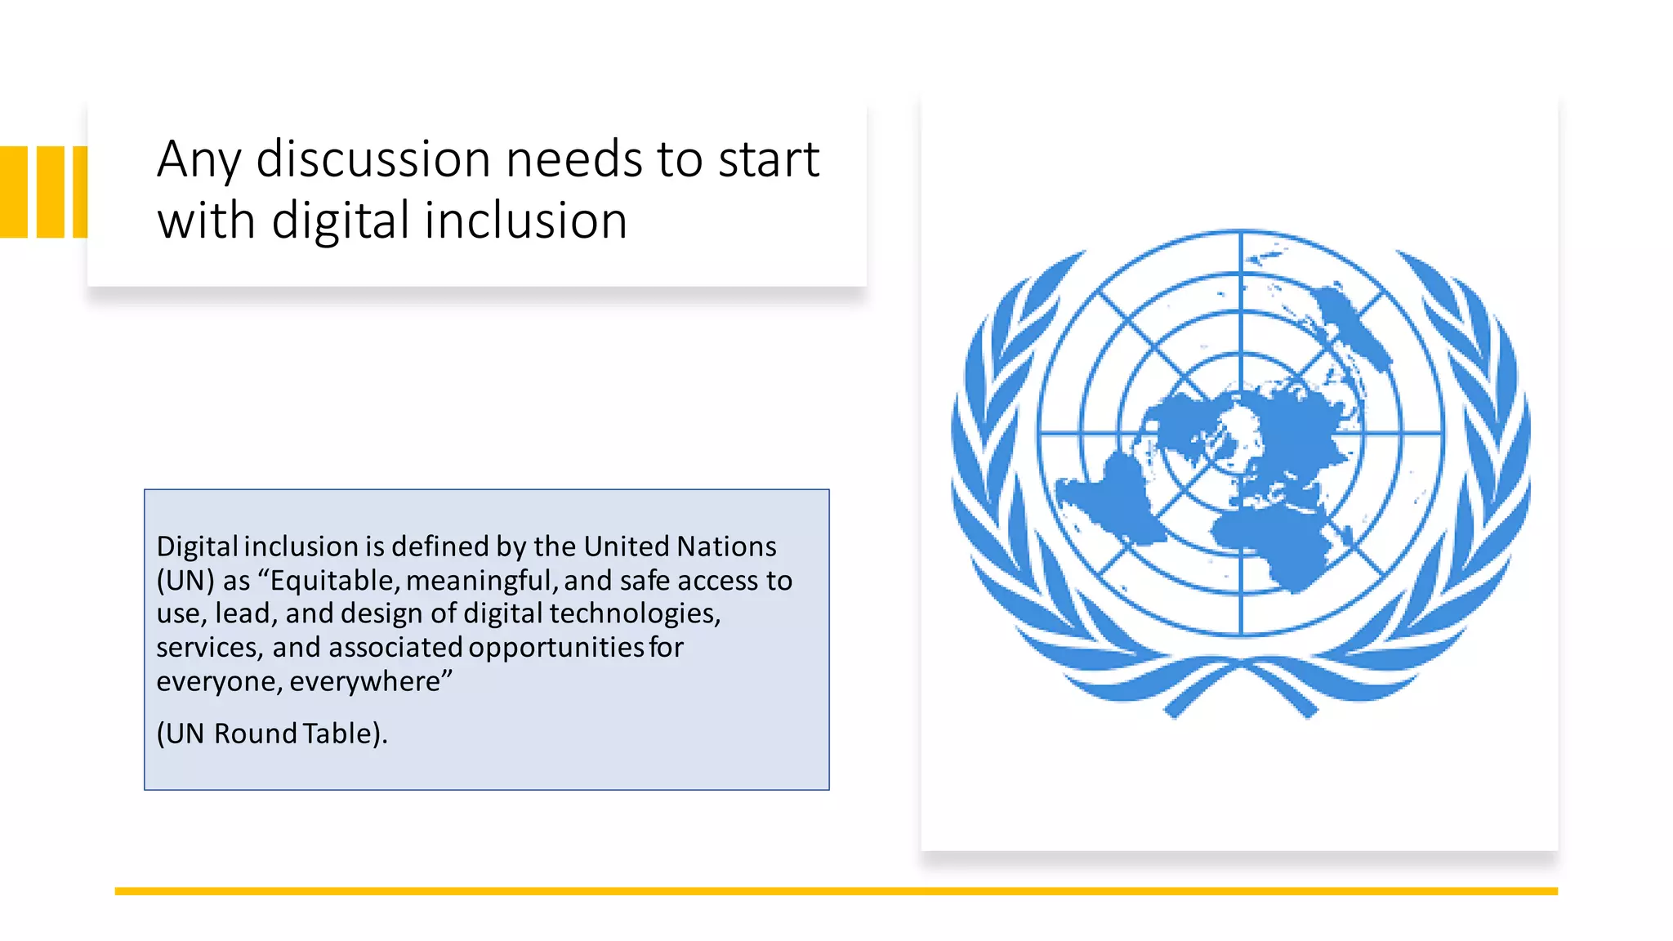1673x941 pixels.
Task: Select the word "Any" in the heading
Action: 199,161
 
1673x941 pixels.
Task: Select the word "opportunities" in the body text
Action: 556,647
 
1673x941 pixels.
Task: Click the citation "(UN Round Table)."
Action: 271,734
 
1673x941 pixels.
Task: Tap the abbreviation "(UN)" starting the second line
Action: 185,580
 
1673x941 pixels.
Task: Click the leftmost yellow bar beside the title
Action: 14,192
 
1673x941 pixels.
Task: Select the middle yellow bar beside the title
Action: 51,192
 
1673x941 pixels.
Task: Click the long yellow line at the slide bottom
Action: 836,891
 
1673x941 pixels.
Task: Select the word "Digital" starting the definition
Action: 197,546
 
